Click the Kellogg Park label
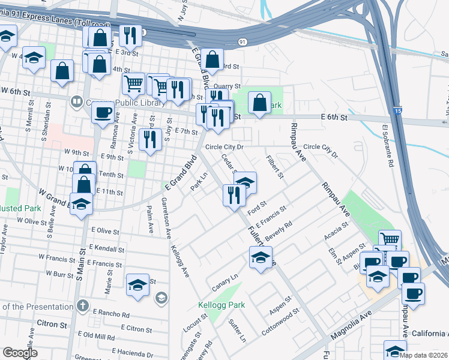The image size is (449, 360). tap(221, 305)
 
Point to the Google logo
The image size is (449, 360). tap(20, 353)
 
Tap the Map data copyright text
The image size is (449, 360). tap(423, 355)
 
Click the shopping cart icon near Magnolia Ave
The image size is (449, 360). tap(390, 239)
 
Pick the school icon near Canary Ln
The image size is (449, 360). tap(261, 258)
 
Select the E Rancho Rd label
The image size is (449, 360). tap(112, 314)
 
